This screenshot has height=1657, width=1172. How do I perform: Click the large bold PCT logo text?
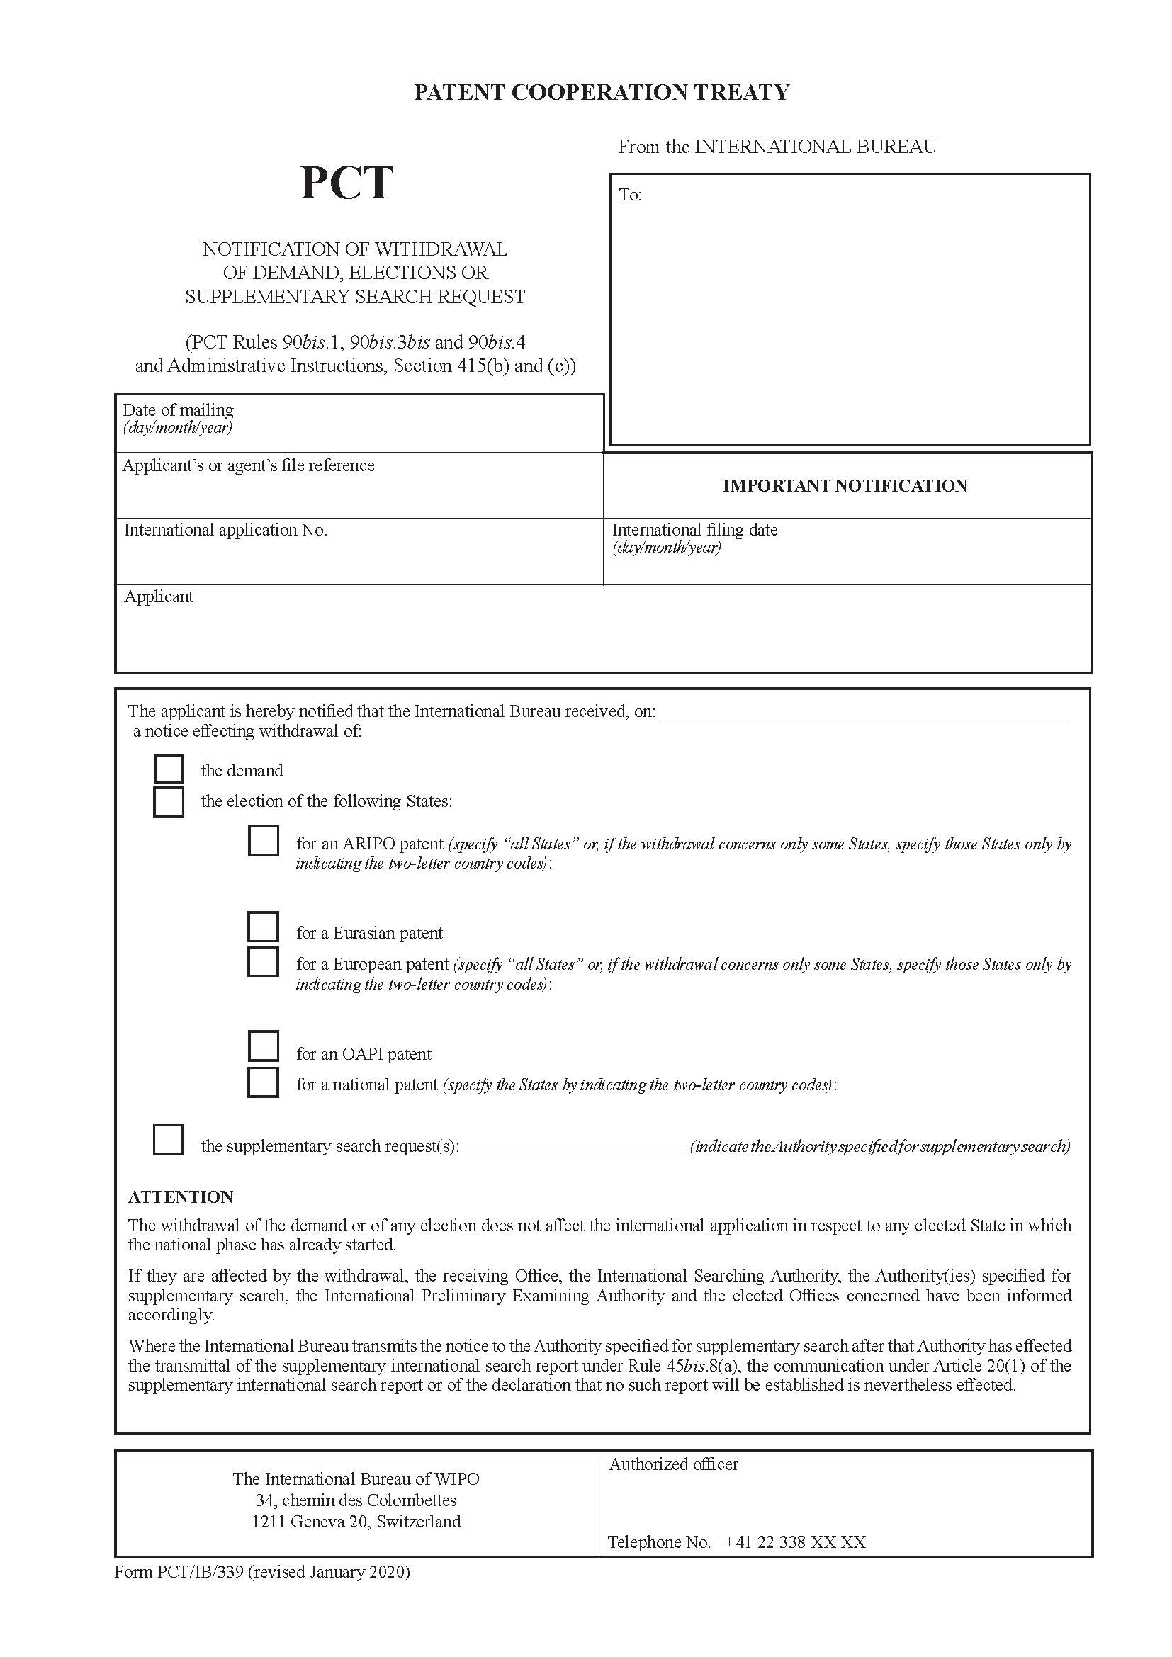coord(346,183)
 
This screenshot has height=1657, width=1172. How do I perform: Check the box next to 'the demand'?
coord(168,769)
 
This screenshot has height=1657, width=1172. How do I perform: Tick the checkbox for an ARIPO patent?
coord(264,842)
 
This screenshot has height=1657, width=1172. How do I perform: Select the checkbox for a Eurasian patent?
coord(264,927)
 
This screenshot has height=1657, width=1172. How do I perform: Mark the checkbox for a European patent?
coord(264,961)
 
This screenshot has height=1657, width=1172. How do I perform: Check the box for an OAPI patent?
coord(264,1046)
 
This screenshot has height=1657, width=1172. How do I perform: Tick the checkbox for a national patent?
coord(264,1082)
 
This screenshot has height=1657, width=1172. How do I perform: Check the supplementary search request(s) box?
coord(168,1140)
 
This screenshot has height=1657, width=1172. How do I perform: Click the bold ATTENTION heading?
coord(181,1197)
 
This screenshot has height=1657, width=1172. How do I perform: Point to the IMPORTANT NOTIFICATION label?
coord(845,486)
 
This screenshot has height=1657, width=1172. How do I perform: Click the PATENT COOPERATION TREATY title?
coord(601,92)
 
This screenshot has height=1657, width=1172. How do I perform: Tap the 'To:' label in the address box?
coord(630,195)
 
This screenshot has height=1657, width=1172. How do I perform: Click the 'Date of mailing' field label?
coord(179,410)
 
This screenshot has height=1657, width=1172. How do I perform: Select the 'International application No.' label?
coord(225,530)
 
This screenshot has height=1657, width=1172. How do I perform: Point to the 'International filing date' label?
coord(694,530)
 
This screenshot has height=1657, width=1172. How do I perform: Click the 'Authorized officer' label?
coord(672,1464)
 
